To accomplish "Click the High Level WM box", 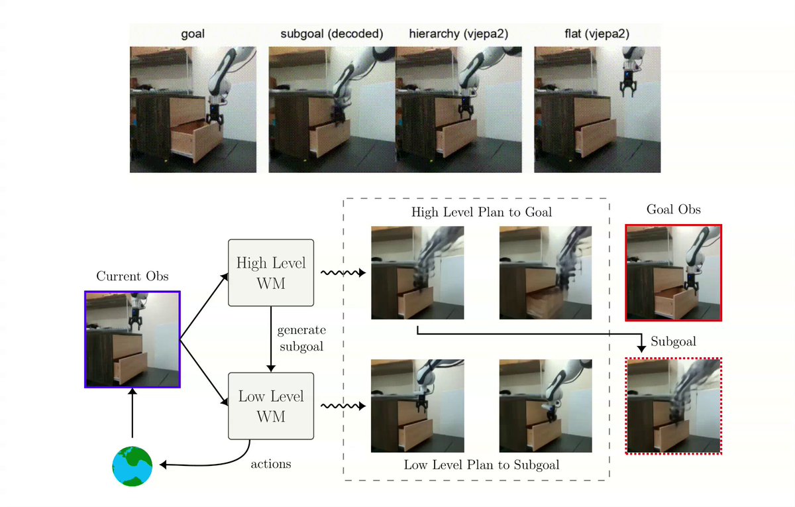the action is [x=271, y=272].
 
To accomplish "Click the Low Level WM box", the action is [x=271, y=406].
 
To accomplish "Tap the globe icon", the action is [x=132, y=466].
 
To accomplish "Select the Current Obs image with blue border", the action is [x=132, y=339].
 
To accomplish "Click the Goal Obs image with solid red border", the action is [x=673, y=272].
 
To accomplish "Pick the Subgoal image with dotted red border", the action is [x=673, y=406].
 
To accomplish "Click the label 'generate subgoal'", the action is [x=301, y=338].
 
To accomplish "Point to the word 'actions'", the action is [x=271, y=464].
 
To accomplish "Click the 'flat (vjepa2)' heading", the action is [x=597, y=34].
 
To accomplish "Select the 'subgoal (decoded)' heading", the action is [x=332, y=34].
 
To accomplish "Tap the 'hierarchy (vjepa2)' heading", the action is [x=458, y=34].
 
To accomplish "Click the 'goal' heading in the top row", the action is [x=193, y=34].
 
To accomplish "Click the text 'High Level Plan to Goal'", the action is [x=481, y=212].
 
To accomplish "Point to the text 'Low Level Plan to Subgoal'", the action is [x=481, y=465].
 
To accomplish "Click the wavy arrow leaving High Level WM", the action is [x=343, y=272].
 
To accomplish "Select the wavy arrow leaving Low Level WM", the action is [x=343, y=406].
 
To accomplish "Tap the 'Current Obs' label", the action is [x=132, y=276].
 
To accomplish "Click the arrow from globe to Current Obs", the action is [x=132, y=413].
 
